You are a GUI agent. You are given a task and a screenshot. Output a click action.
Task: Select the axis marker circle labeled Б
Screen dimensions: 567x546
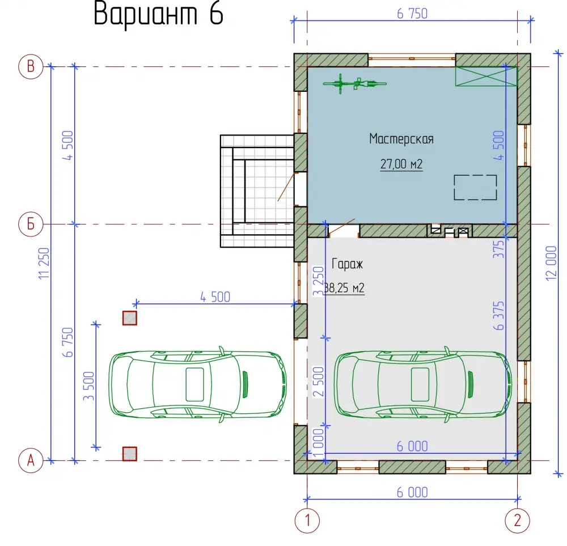tap(31, 224)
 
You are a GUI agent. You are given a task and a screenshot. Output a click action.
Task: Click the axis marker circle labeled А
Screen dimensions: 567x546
tap(31, 460)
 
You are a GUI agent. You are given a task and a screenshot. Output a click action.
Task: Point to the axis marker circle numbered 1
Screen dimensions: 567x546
tap(307, 520)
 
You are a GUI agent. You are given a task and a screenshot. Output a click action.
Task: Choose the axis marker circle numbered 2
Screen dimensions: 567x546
tap(518, 520)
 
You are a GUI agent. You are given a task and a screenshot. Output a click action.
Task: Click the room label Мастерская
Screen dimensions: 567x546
tap(401, 139)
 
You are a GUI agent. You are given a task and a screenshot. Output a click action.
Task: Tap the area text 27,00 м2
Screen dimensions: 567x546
tap(401, 164)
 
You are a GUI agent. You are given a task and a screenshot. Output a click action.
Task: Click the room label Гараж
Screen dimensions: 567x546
tap(347, 264)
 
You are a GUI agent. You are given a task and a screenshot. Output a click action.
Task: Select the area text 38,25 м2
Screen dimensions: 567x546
tap(344, 288)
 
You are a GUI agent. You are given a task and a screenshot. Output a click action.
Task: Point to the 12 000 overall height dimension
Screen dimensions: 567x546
tap(551, 263)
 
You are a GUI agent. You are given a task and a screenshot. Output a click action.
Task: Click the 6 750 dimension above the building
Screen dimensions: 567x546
tap(412, 14)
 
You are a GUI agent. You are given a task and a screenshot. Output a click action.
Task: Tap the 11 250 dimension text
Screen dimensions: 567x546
tap(44, 263)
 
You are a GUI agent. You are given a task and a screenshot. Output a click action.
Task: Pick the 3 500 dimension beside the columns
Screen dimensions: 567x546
tap(88, 386)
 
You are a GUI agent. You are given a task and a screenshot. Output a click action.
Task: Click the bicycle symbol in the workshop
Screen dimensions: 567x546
tap(354, 83)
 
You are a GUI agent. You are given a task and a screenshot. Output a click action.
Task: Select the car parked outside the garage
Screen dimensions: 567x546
tap(198, 384)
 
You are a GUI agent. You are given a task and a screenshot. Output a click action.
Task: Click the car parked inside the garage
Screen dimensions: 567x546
tap(423, 384)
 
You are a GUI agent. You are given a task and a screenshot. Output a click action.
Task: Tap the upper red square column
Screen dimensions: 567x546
tap(130, 318)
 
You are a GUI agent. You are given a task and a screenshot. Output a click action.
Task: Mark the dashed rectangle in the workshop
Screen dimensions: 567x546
tap(475, 187)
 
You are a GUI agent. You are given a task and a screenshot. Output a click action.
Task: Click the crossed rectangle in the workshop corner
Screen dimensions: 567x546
tap(486, 77)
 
